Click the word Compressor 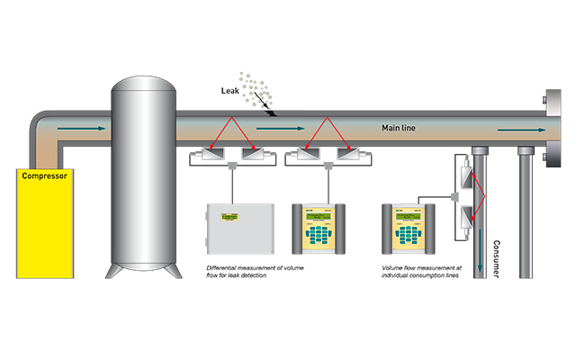pyautogui.click(x=43, y=176)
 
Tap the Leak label pyautogui.click(x=232, y=91)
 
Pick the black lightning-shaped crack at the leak pyautogui.click(x=269, y=108)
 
